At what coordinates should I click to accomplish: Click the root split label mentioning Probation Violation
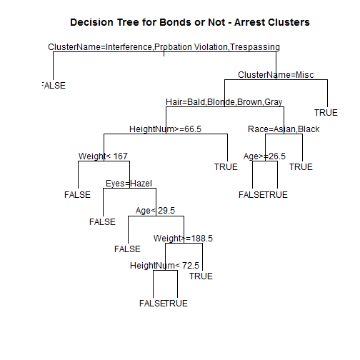(164, 47)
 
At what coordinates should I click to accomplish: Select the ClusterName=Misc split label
(276, 74)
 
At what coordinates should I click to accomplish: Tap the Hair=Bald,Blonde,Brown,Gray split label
(223, 101)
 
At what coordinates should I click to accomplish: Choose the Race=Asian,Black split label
(284, 129)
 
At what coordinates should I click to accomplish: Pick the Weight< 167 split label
(103, 156)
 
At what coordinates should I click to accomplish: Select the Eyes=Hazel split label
(129, 183)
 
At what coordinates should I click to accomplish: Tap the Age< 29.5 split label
(155, 210)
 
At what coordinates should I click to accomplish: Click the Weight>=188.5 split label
(183, 238)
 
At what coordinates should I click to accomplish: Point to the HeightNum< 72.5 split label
(164, 265)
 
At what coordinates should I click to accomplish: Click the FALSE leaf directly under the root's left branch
(53, 85)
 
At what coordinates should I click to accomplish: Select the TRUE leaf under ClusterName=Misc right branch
(326, 112)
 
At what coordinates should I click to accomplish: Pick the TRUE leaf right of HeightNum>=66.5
(226, 167)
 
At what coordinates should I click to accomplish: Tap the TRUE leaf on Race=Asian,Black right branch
(301, 167)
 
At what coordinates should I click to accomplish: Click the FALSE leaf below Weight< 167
(77, 194)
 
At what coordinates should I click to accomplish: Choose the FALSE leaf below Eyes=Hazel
(102, 221)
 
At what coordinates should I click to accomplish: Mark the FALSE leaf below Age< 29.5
(128, 249)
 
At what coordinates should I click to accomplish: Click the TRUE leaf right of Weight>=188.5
(201, 276)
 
